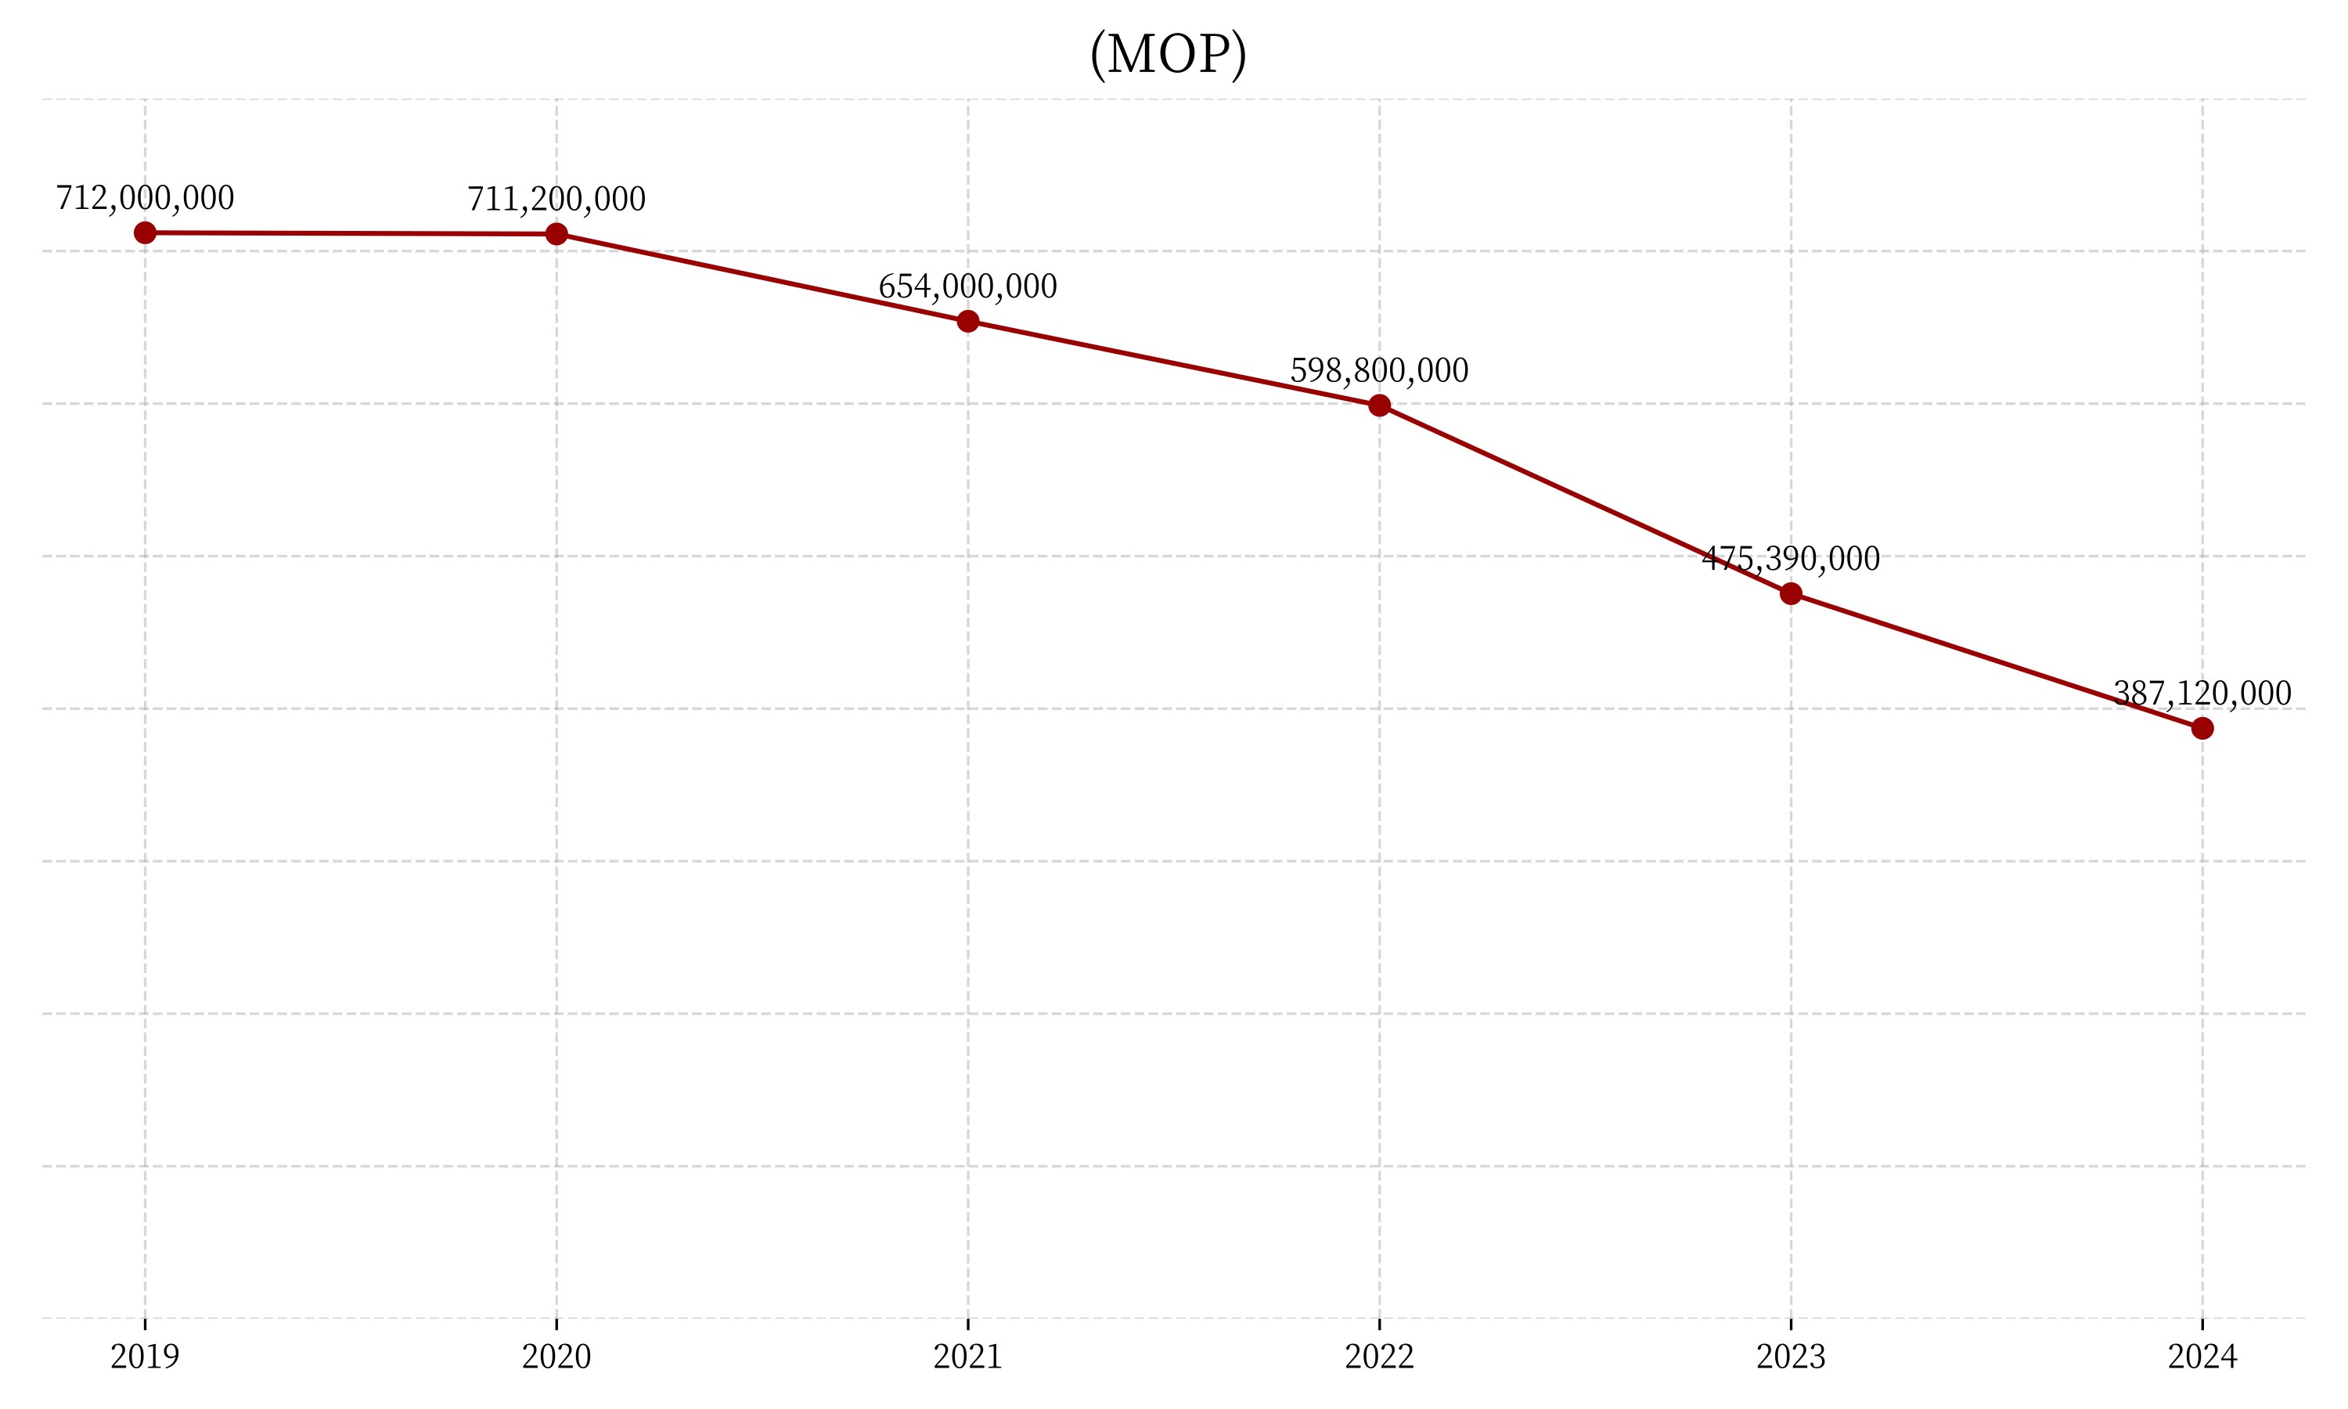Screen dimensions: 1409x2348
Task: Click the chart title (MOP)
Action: tap(1168, 54)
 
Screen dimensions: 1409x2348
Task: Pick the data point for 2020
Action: tap(556, 233)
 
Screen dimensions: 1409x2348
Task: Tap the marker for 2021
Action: tap(968, 322)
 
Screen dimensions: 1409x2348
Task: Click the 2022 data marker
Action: tap(1379, 405)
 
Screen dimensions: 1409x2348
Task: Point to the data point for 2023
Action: tap(1791, 594)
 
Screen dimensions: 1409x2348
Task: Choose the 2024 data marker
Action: tap(2202, 728)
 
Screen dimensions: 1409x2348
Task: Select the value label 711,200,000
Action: tap(556, 199)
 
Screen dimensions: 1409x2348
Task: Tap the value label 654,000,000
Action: tap(968, 286)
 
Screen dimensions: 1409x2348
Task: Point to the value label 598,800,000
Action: tap(1379, 369)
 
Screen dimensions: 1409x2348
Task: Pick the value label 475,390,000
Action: tap(1791, 558)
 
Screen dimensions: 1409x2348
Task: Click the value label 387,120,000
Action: tap(2202, 693)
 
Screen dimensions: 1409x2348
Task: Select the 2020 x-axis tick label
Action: tap(556, 1356)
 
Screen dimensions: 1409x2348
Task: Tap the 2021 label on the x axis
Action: tap(968, 1356)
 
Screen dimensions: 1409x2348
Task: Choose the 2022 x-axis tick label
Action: tap(1379, 1356)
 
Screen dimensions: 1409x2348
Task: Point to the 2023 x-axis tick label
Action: tap(1791, 1356)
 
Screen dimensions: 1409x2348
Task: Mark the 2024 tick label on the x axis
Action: tap(2202, 1356)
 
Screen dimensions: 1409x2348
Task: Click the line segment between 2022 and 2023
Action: tap(1585, 499)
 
